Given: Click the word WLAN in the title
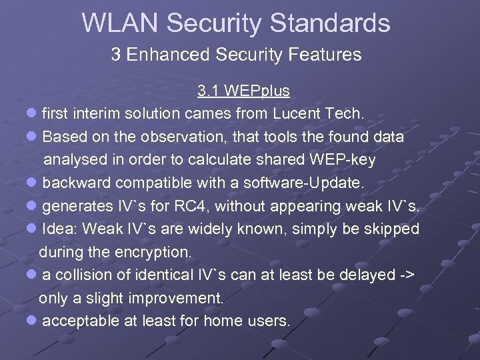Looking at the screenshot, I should coord(120,23).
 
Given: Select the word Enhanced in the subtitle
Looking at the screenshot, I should coord(164,55).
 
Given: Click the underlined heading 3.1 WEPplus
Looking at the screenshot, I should coord(243,91).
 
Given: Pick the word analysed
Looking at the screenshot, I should coord(74,160).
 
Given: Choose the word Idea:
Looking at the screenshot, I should coord(60,229).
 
